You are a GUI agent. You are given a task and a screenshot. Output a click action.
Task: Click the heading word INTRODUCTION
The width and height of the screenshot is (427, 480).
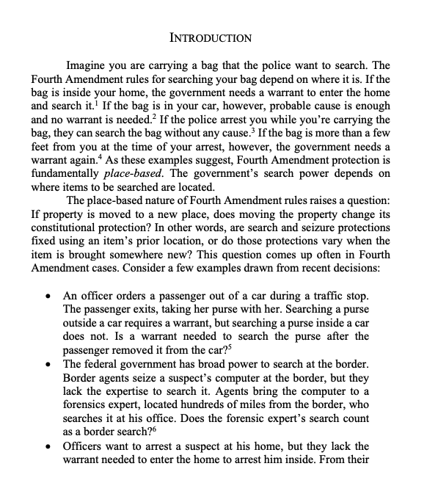click(x=210, y=37)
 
